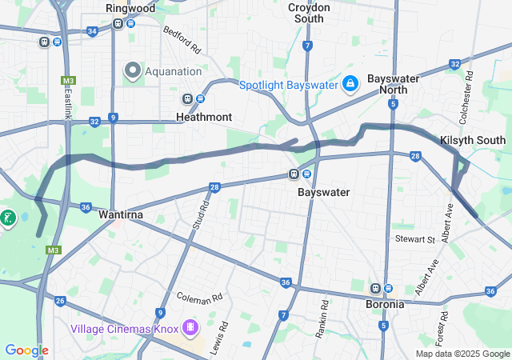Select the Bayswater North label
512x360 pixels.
393,84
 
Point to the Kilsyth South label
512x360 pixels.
473,140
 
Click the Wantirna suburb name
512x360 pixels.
121,215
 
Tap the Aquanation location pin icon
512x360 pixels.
132,71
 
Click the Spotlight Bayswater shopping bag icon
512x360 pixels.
350,84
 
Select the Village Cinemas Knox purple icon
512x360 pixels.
190,326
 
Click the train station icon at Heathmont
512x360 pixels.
188,99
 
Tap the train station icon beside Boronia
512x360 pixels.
374,288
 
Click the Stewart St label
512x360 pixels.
414,238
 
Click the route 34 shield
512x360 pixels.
92,31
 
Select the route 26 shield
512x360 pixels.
60,301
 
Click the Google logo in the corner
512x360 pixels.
26,350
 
